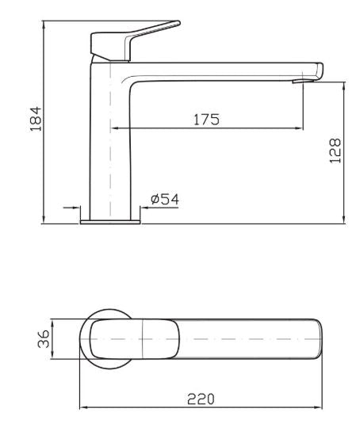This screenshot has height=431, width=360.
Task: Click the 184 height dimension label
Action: tap(36, 120)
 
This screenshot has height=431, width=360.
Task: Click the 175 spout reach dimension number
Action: tap(206, 120)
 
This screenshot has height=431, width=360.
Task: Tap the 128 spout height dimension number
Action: tap(335, 151)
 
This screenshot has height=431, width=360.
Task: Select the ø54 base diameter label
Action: tap(164, 200)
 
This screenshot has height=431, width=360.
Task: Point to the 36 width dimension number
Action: tap(44, 339)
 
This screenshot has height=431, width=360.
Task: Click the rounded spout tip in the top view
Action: tap(318, 339)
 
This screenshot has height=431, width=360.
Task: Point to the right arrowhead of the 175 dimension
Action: tap(299, 128)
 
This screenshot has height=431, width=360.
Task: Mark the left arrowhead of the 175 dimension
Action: tap(113, 128)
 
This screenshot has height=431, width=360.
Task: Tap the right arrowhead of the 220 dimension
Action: tap(320, 408)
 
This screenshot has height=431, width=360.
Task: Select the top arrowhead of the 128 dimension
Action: tap(343, 85)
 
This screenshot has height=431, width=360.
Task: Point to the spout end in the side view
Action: tap(317, 70)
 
